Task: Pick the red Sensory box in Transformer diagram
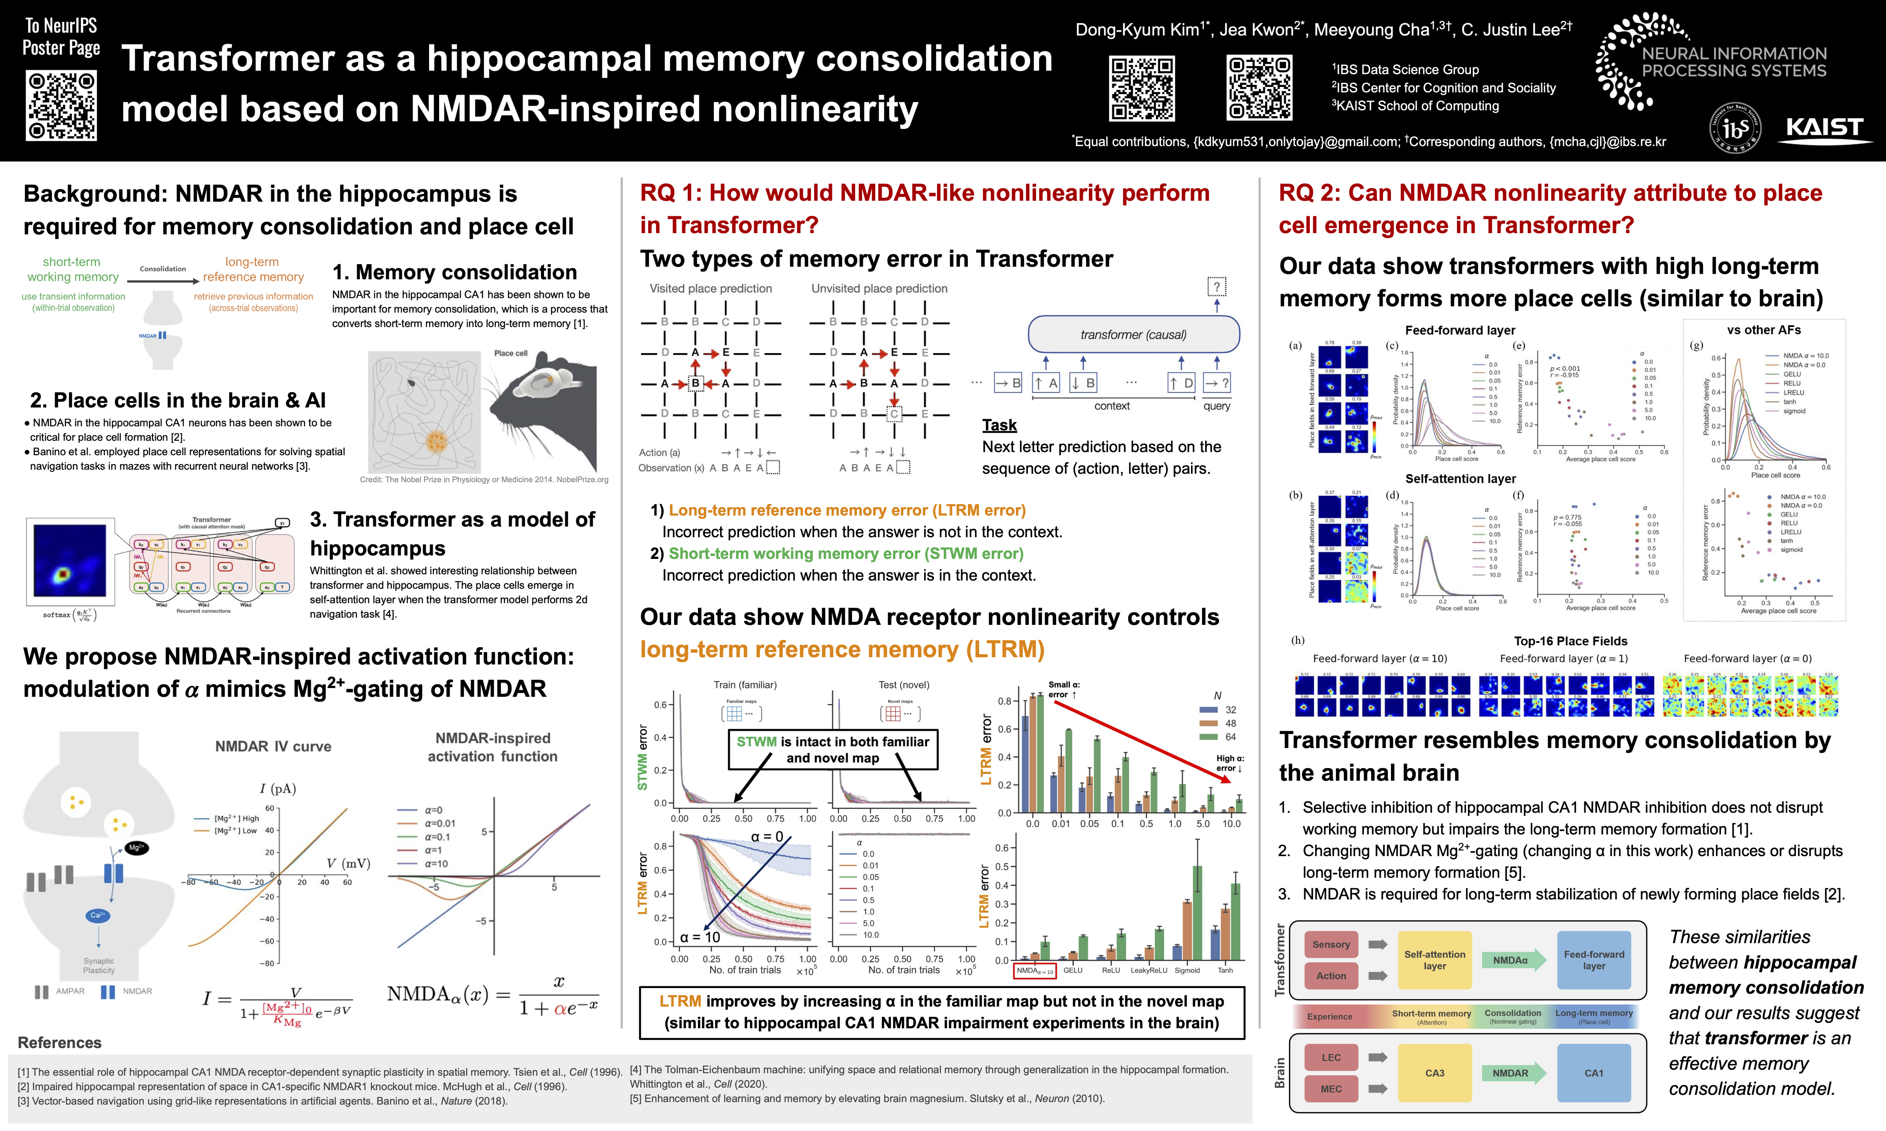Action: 1331,944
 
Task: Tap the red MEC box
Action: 1331,1089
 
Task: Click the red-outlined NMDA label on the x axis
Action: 1035,971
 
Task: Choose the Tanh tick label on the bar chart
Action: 1225,970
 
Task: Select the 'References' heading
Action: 59,1043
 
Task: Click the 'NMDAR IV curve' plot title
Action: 273,747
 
